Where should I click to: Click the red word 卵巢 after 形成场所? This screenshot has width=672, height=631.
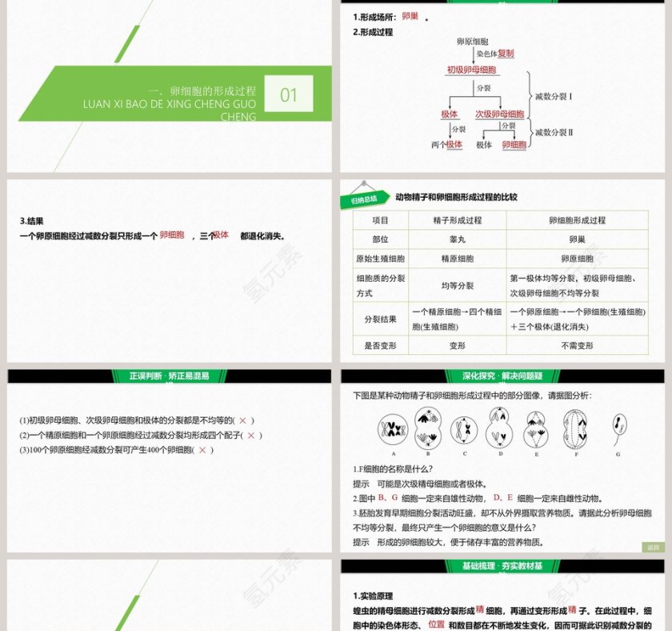410,16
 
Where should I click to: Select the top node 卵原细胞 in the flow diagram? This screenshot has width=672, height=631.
472,41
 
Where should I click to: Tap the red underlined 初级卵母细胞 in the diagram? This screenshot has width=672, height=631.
471,70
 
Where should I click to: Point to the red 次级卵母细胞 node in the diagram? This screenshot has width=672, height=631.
499,114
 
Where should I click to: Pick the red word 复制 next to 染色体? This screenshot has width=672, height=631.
506,54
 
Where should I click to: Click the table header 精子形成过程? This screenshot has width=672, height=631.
457,220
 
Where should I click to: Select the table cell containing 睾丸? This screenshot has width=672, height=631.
457,239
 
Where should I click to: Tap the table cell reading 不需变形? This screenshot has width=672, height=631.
577,346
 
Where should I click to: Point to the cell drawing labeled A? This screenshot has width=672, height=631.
394,430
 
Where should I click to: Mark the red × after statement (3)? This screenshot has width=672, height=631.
202,450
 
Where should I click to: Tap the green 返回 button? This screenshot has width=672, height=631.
653,547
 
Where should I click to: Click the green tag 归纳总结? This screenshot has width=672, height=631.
364,200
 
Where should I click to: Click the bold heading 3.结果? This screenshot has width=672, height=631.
32,222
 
